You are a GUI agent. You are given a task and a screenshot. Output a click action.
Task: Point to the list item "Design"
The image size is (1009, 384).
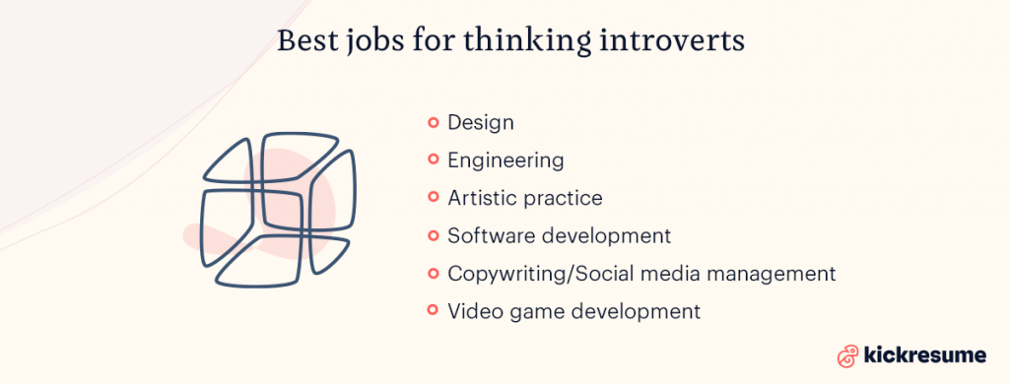(481, 123)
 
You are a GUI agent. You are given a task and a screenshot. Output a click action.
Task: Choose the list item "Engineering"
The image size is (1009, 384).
(505, 160)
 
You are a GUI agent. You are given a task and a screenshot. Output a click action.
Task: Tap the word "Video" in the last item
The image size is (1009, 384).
(474, 311)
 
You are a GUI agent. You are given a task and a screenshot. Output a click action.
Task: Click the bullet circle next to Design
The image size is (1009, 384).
(433, 123)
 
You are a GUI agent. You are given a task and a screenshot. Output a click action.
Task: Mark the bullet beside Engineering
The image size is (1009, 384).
(433, 160)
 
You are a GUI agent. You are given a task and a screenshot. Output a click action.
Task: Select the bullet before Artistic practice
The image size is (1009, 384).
(433, 198)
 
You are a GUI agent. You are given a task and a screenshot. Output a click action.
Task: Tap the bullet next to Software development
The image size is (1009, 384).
(433, 236)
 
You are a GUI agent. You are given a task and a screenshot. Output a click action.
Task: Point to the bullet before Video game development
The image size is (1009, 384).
(433, 311)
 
